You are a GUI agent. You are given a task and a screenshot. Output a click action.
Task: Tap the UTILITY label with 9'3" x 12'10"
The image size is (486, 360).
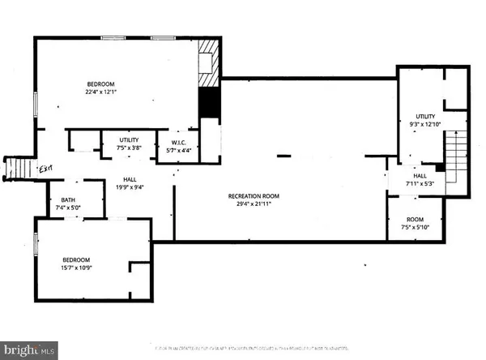click(425, 117)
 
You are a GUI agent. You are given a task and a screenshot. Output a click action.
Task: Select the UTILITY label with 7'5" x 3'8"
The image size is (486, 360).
click(129, 141)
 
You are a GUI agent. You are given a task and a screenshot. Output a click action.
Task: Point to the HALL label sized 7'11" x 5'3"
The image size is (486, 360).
click(420, 176)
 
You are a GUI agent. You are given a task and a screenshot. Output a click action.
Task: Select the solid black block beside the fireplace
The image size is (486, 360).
click(210, 101)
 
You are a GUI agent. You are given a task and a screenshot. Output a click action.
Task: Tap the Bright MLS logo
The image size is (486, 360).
click(29, 350)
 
